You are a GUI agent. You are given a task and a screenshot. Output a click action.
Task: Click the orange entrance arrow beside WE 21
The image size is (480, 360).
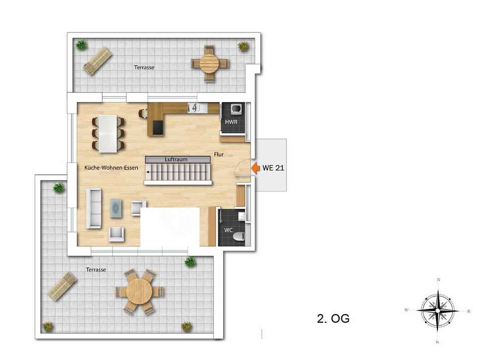point(255,168)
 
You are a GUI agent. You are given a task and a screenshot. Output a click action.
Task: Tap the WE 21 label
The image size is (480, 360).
point(273,168)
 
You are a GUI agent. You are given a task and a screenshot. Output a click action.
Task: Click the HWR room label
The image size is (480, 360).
point(231,122)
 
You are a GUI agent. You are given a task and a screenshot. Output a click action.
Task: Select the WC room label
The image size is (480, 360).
point(228,230)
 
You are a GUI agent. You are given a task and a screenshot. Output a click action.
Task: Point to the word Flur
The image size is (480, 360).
point(219,155)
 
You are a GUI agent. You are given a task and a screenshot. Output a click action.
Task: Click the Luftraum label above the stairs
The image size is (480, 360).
point(176,160)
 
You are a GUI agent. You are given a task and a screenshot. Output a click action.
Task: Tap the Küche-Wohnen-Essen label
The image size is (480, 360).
point(111,168)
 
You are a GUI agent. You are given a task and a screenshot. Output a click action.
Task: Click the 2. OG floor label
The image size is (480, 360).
point(333,319)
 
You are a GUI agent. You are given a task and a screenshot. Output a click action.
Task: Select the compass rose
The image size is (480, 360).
point(438,311)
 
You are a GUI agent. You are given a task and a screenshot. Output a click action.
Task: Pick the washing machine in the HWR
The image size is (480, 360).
point(236,109)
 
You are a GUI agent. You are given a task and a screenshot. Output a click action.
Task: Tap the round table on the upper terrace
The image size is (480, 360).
point(210,63)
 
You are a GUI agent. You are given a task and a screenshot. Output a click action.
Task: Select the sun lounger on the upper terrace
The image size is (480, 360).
point(98,61)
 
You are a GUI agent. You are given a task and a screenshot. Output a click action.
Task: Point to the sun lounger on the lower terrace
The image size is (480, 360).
point(63,286)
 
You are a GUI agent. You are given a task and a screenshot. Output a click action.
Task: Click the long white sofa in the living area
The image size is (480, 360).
point(94,209)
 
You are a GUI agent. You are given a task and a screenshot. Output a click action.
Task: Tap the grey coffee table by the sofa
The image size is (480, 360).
point(116,208)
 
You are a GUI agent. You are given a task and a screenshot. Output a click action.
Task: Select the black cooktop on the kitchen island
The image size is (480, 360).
point(159,127)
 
